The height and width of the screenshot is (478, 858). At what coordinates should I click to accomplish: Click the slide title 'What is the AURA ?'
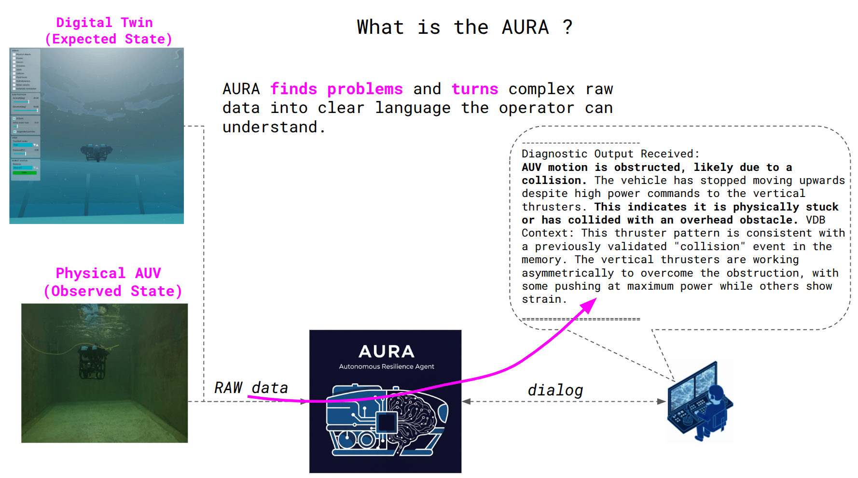[x=464, y=27]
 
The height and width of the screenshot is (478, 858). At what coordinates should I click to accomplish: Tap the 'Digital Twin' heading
[x=104, y=23]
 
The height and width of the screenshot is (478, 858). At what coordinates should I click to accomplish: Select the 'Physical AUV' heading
[x=108, y=273]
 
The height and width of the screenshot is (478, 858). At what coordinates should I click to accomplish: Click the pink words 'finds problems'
[x=336, y=89]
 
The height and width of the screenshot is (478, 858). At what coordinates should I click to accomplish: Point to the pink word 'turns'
[x=474, y=89]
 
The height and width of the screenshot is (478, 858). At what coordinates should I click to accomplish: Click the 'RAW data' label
[x=251, y=388]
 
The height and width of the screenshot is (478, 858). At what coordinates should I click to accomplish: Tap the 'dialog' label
[x=555, y=390]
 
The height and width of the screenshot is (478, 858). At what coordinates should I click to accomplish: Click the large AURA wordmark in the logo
[x=386, y=351]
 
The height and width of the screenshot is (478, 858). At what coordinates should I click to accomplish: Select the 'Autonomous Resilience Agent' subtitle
[x=386, y=366]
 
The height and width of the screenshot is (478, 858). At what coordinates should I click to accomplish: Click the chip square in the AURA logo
[x=387, y=422]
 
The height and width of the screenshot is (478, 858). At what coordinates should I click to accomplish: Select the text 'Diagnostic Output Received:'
[x=610, y=154]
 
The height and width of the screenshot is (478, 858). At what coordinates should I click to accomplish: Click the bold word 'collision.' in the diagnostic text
[x=554, y=181]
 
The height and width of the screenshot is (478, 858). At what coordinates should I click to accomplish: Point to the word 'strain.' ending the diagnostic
[x=544, y=299]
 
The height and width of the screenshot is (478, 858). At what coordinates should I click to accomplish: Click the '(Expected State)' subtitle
[x=108, y=39]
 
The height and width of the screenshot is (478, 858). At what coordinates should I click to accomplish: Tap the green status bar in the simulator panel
[x=24, y=172]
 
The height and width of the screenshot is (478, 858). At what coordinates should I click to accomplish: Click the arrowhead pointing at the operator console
[x=662, y=401]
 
